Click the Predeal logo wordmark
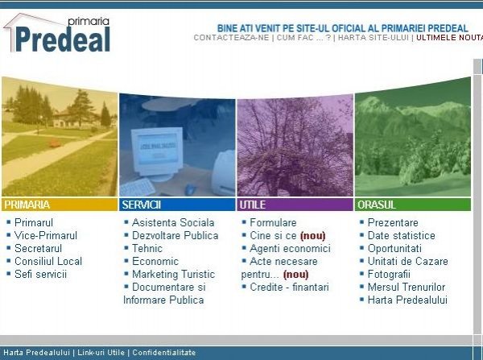click(63, 39)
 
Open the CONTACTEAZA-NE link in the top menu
click(231, 38)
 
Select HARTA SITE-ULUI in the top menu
click(374, 38)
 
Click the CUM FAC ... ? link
click(303, 38)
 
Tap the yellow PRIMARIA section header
click(60, 205)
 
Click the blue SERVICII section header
click(177, 205)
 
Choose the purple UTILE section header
click(295, 205)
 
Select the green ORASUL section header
click(413, 205)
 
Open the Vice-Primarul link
click(46, 235)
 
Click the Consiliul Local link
click(48, 262)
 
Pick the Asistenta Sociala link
click(173, 222)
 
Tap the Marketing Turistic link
click(173, 275)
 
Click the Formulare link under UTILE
click(273, 222)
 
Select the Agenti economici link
click(290, 248)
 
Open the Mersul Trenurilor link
click(407, 288)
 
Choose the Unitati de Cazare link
click(408, 262)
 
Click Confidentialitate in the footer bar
click(164, 353)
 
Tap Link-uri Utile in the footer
click(101, 353)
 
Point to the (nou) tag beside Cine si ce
click(312, 236)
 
